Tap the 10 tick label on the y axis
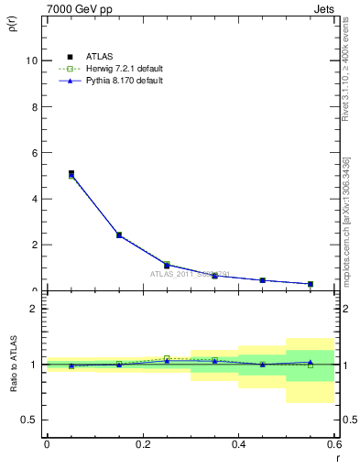(32, 60)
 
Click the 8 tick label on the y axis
(35, 106)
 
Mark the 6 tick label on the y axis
(35, 152)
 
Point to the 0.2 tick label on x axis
(142, 444)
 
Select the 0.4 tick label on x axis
(238, 444)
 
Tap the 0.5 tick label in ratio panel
(30, 420)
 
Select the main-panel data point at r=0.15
(119, 234)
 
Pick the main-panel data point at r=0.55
(311, 284)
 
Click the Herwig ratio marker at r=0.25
(167, 358)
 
